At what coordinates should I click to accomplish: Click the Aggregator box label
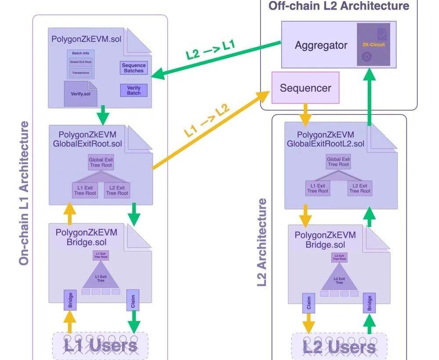(321, 45)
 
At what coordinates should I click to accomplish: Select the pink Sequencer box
(306, 88)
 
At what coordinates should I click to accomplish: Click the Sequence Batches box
(134, 68)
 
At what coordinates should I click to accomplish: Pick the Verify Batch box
(134, 90)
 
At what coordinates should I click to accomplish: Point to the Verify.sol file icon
(80, 94)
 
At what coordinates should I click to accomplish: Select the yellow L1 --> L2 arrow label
(206, 122)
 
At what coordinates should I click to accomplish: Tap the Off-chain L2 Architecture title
(338, 6)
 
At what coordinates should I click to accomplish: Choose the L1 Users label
(101, 346)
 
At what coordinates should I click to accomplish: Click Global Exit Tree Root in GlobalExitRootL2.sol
(338, 162)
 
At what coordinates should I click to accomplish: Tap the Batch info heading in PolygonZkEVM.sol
(80, 53)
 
